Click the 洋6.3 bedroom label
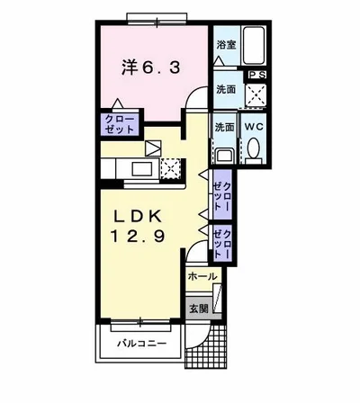(149, 66)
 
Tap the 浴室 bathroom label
(226, 42)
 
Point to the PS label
(256, 75)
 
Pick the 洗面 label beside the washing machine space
(226, 90)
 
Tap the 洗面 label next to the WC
(225, 127)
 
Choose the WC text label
(255, 127)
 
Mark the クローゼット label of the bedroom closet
(118, 124)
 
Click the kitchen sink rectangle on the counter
(143, 167)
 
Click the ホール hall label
(202, 277)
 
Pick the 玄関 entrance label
(198, 309)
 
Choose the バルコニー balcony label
(141, 343)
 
